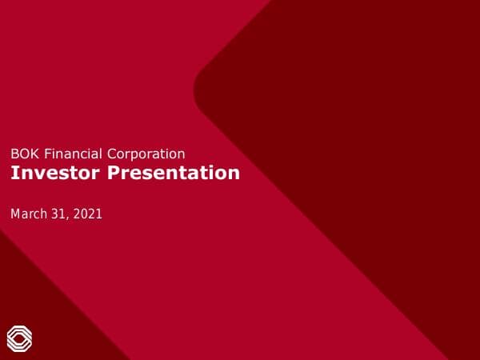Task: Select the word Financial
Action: [x=66, y=154]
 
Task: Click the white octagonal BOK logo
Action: [x=19, y=338]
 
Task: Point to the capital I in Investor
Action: [x=13, y=173]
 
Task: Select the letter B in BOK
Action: [x=14, y=154]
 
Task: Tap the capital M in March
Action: [x=15, y=214]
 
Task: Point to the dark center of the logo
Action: [x=19, y=338]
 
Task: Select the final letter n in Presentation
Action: [x=234, y=174]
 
